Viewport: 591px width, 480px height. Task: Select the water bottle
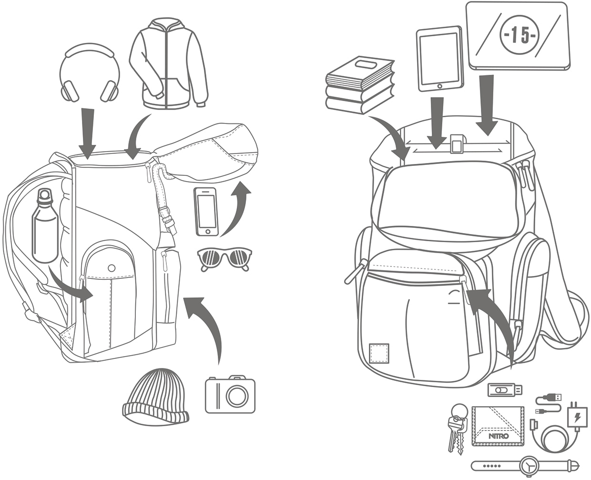(45, 226)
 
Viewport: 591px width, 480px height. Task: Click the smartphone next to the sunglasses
(206, 211)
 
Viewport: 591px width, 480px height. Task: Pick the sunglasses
(224, 259)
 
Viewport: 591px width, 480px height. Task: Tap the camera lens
(237, 395)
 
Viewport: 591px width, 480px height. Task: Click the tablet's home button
(439, 86)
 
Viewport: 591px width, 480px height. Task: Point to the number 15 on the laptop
(519, 36)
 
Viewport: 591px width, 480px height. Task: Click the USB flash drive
(505, 389)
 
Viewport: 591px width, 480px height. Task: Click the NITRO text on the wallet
(499, 436)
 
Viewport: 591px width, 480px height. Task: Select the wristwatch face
(530, 464)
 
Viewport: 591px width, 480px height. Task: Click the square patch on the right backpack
(379, 352)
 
